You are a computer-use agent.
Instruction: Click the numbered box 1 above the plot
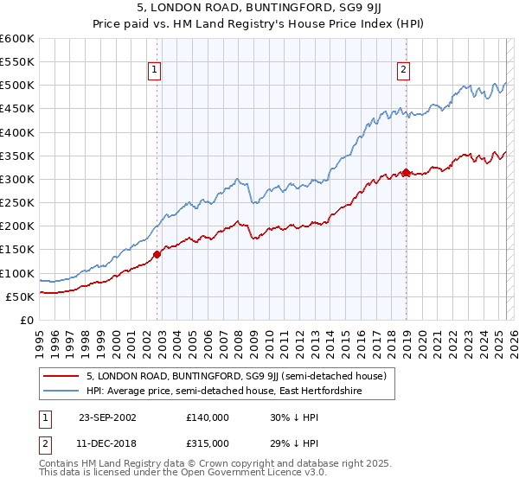point(154,71)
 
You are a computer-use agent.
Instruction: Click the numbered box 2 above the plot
point(403,71)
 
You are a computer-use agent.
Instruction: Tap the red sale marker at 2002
point(157,254)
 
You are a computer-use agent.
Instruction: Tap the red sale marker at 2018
point(406,172)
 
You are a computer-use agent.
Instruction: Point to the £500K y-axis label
point(16,86)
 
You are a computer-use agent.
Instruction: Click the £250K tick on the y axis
point(16,202)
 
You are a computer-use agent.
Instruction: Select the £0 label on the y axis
point(26,320)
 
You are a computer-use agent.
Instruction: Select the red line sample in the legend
point(60,376)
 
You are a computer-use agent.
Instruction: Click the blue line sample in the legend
point(60,391)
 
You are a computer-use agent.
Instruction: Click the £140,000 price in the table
point(208,417)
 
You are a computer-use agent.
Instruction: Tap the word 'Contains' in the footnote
point(60,465)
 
